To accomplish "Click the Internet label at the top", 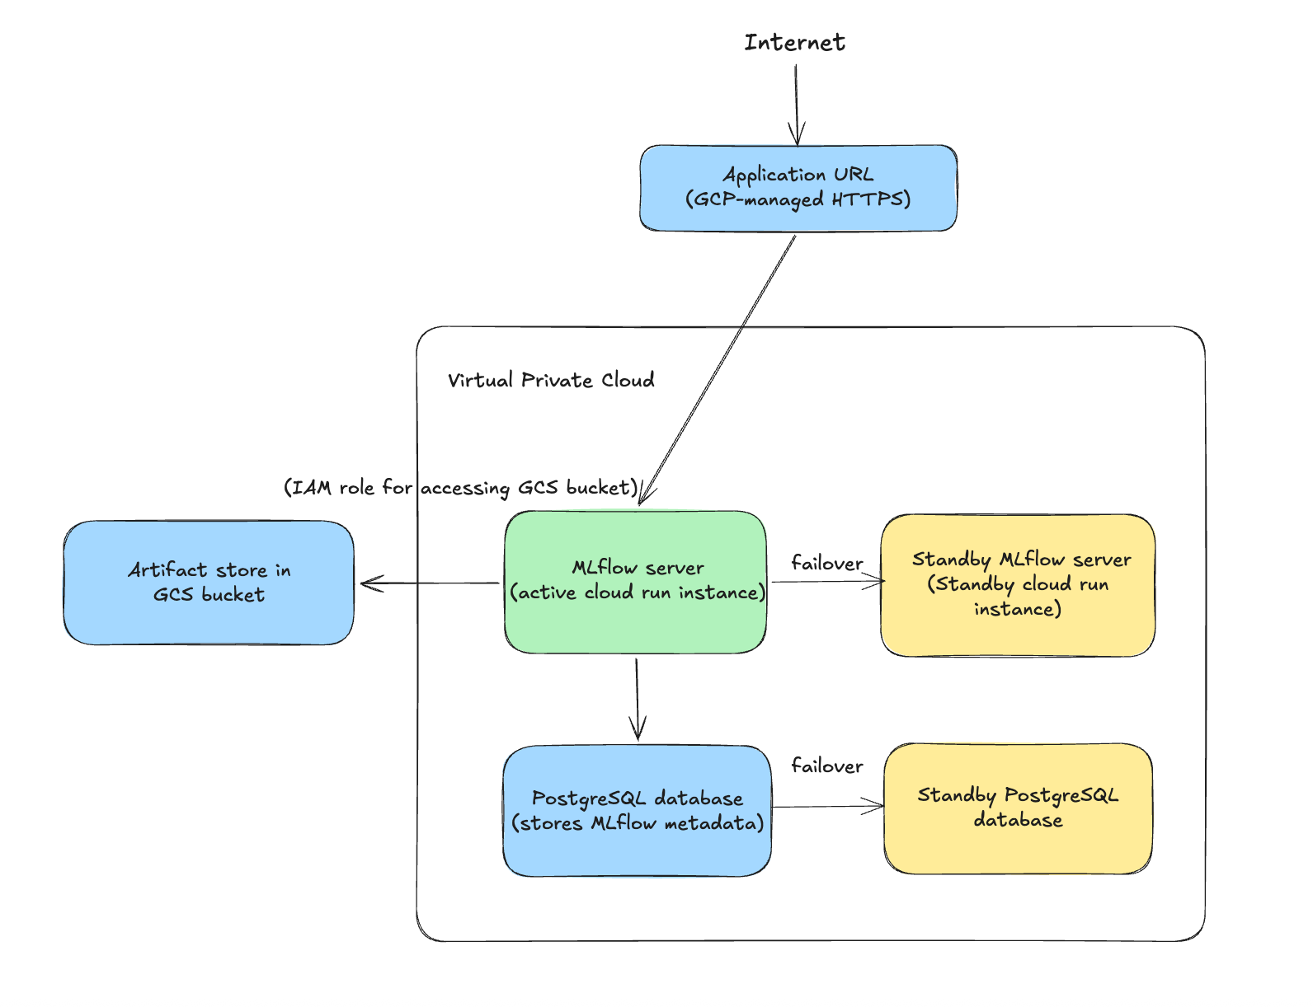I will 794,42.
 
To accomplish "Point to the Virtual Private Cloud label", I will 551,380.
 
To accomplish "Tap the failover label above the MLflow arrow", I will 826,563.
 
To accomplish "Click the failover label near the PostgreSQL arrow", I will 826,766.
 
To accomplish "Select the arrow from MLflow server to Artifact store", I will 429,583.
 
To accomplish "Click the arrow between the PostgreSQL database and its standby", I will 827,807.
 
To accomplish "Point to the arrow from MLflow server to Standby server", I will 827,582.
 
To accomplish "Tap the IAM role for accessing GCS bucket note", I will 460,488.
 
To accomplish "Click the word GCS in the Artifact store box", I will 172,595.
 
